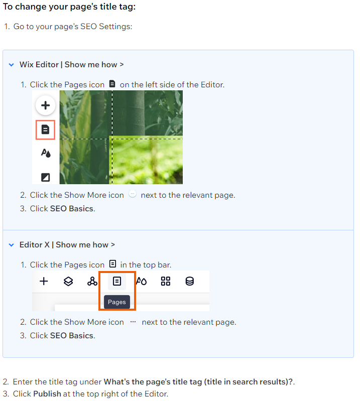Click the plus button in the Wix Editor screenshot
[x=46, y=105]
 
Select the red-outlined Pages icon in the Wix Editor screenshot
[x=45, y=129]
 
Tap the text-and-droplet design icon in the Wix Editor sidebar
[x=46, y=153]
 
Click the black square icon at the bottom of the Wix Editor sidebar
[x=46, y=177]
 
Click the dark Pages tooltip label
[x=117, y=302]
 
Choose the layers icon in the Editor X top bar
[x=68, y=282]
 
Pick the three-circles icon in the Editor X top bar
[x=92, y=282]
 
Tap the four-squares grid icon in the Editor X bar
[x=166, y=282]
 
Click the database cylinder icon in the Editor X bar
[x=190, y=282]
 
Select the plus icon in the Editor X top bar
[x=44, y=282]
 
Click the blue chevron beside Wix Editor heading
[x=11, y=65]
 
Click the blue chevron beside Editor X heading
[x=11, y=245]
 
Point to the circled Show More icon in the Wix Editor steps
[x=132, y=194]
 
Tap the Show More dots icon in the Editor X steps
[x=133, y=322]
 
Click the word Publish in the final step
[x=47, y=393]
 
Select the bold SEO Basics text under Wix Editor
[x=72, y=209]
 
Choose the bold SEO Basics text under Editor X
[x=72, y=336]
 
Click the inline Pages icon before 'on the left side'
[x=112, y=84]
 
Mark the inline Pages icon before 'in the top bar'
[x=112, y=263]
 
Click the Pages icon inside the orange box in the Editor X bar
[x=117, y=282]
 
